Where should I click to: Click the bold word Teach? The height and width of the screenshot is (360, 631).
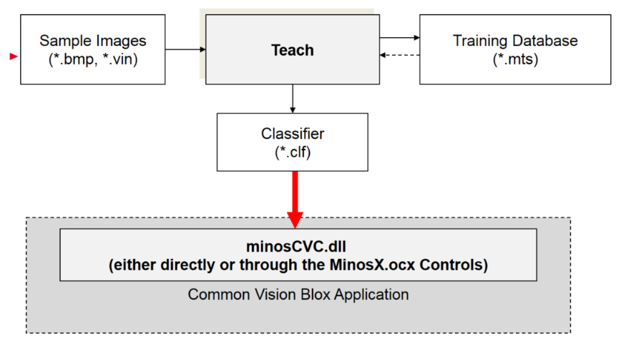(x=293, y=50)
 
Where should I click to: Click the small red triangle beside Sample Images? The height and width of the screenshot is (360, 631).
(x=14, y=57)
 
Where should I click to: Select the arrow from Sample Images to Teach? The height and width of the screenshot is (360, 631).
(x=185, y=49)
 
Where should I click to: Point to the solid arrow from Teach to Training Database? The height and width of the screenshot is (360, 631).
(x=400, y=38)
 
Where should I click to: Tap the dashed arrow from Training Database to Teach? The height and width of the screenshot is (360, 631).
(x=400, y=55)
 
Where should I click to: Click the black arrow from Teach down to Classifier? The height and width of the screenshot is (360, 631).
(x=293, y=99)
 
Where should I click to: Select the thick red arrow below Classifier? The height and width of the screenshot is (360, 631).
(x=295, y=200)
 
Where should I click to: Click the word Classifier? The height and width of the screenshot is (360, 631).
(x=293, y=134)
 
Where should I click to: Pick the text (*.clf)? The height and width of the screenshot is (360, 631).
(x=293, y=152)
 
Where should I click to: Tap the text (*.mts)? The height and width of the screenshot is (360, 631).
(x=516, y=59)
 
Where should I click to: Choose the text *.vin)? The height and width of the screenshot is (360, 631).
(x=120, y=59)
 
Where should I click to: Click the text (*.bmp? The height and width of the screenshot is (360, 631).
(x=73, y=59)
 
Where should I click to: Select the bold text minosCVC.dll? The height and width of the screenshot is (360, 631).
(x=296, y=246)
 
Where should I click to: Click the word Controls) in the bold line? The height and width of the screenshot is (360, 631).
(x=454, y=265)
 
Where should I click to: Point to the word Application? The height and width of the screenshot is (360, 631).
(x=371, y=295)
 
